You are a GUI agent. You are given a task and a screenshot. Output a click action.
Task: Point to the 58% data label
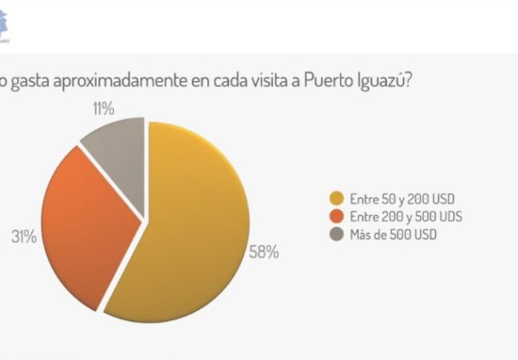click(264, 252)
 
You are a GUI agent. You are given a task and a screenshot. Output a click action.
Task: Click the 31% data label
click(25, 237)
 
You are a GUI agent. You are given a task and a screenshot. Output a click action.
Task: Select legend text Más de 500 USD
click(387, 232)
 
